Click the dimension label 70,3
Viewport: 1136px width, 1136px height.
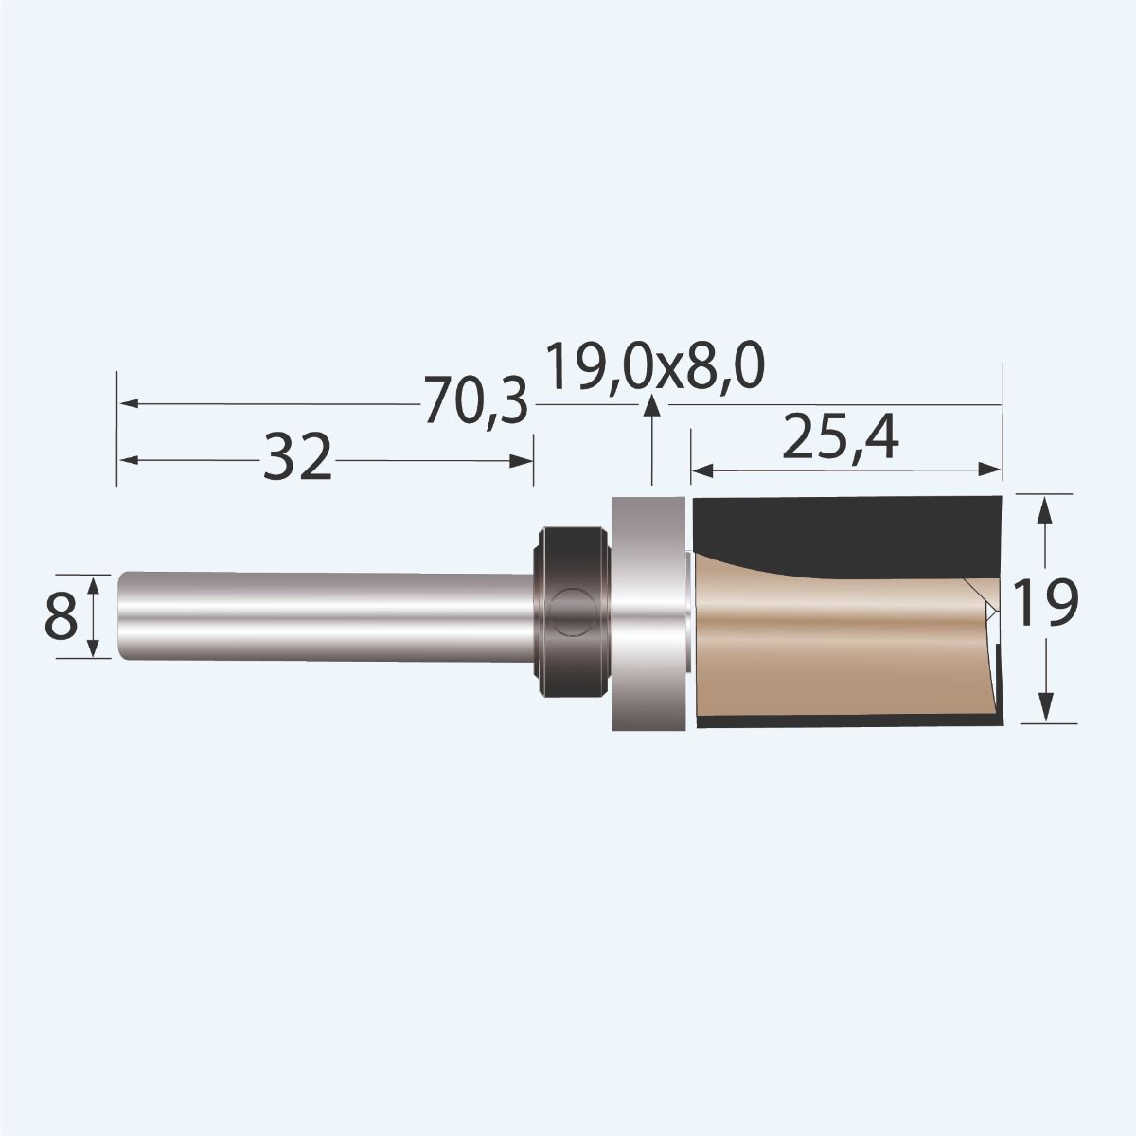(x=474, y=403)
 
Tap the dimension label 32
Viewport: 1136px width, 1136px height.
(x=297, y=459)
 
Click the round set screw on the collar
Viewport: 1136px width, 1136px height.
(x=571, y=610)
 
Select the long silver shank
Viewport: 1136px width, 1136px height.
(x=322, y=615)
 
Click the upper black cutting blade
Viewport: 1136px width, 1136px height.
(x=843, y=525)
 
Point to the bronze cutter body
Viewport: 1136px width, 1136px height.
(x=833, y=644)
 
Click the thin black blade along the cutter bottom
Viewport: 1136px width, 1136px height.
(x=843, y=724)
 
